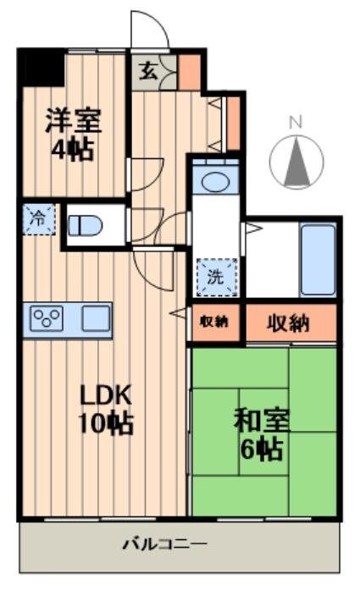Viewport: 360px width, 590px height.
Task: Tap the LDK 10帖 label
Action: pos(106,409)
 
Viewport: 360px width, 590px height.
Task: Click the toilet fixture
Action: pos(86,226)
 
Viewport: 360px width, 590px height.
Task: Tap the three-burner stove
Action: pos(47,319)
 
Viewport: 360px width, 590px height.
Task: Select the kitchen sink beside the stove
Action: pos(95,319)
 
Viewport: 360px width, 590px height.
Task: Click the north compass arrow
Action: pos(296,162)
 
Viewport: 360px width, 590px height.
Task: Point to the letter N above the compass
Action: pos(296,123)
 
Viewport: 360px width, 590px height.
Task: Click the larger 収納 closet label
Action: pos(289,323)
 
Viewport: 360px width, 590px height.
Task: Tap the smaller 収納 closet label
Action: pos(214,323)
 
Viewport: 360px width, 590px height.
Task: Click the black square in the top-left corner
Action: pos(41,68)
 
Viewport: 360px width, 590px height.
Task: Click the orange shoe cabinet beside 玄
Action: pos(190,71)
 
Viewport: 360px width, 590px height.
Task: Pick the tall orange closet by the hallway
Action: pos(232,123)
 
